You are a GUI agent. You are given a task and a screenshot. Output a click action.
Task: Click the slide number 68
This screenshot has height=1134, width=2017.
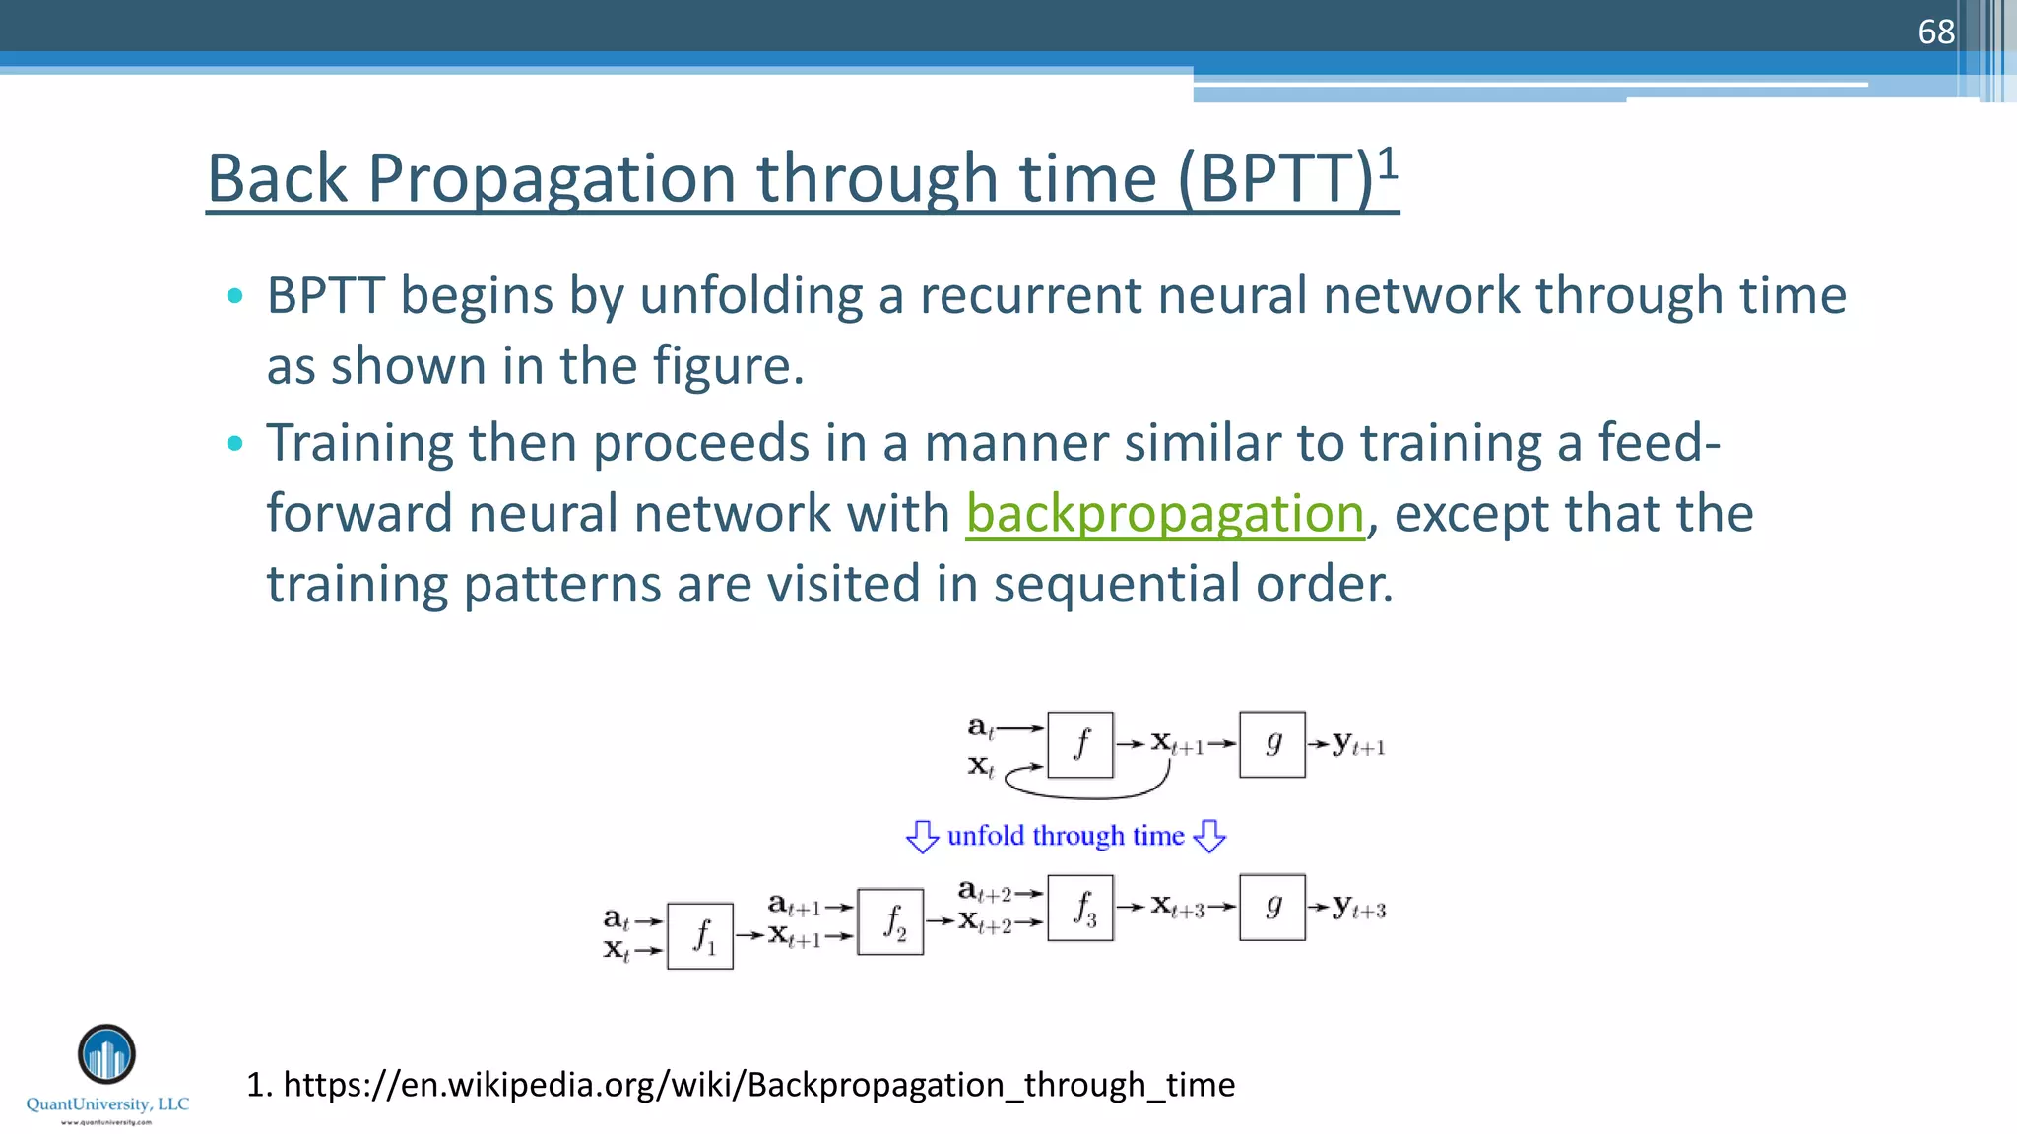[1935, 31]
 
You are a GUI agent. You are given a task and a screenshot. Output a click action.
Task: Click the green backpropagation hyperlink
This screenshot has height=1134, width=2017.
[1164, 514]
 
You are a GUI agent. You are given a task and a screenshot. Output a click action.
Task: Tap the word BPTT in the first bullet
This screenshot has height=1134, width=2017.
[325, 295]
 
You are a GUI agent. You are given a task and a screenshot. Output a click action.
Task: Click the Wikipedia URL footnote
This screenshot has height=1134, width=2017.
[741, 1084]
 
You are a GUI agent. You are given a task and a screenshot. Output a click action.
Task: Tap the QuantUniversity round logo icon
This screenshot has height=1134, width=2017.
[106, 1054]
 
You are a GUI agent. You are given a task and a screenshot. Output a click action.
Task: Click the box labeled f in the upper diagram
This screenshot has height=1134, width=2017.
[1080, 745]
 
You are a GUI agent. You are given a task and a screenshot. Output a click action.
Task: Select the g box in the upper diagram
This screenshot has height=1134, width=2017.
[1271, 745]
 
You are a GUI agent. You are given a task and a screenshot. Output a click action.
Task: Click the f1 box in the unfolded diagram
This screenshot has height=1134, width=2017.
[700, 935]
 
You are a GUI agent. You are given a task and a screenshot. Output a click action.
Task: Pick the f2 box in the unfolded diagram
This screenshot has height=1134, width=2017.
[890, 921]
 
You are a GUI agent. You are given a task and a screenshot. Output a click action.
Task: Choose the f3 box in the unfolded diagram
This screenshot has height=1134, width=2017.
[1080, 908]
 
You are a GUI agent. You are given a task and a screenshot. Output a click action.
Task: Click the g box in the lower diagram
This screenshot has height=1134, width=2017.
[1271, 908]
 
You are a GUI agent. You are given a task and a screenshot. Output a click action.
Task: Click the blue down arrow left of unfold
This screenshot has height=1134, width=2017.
[922, 837]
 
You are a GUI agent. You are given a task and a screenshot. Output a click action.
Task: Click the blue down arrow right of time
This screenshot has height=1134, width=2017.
[1209, 837]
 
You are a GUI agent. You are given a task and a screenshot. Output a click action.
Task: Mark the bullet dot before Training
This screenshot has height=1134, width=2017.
[234, 443]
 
